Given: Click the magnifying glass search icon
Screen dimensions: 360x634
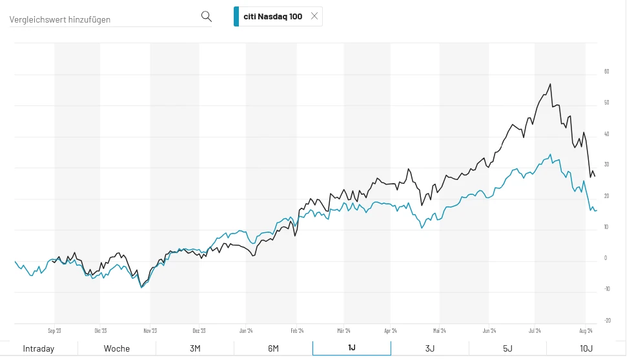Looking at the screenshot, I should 207,16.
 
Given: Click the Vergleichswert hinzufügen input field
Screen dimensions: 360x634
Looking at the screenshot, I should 103,19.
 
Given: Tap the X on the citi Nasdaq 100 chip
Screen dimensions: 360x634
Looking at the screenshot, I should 314,16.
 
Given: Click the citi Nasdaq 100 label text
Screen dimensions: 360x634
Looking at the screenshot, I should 272,17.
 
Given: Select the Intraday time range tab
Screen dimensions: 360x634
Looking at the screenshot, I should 39,348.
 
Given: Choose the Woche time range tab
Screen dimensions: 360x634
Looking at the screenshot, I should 117,348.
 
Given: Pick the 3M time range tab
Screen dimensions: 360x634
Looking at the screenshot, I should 195,348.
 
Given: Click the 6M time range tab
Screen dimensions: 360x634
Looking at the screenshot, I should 273,348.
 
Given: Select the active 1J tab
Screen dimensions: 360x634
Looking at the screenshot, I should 351,348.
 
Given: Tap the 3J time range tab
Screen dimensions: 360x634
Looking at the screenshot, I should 430,348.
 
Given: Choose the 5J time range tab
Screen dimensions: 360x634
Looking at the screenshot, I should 507,348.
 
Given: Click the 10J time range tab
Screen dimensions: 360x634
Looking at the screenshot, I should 586,348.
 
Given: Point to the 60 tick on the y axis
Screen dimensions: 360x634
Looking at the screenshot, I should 606,72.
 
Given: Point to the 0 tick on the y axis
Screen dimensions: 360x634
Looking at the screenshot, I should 605,258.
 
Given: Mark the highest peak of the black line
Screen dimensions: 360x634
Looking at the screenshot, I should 549,84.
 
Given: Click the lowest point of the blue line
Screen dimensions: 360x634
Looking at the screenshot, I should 141,287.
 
